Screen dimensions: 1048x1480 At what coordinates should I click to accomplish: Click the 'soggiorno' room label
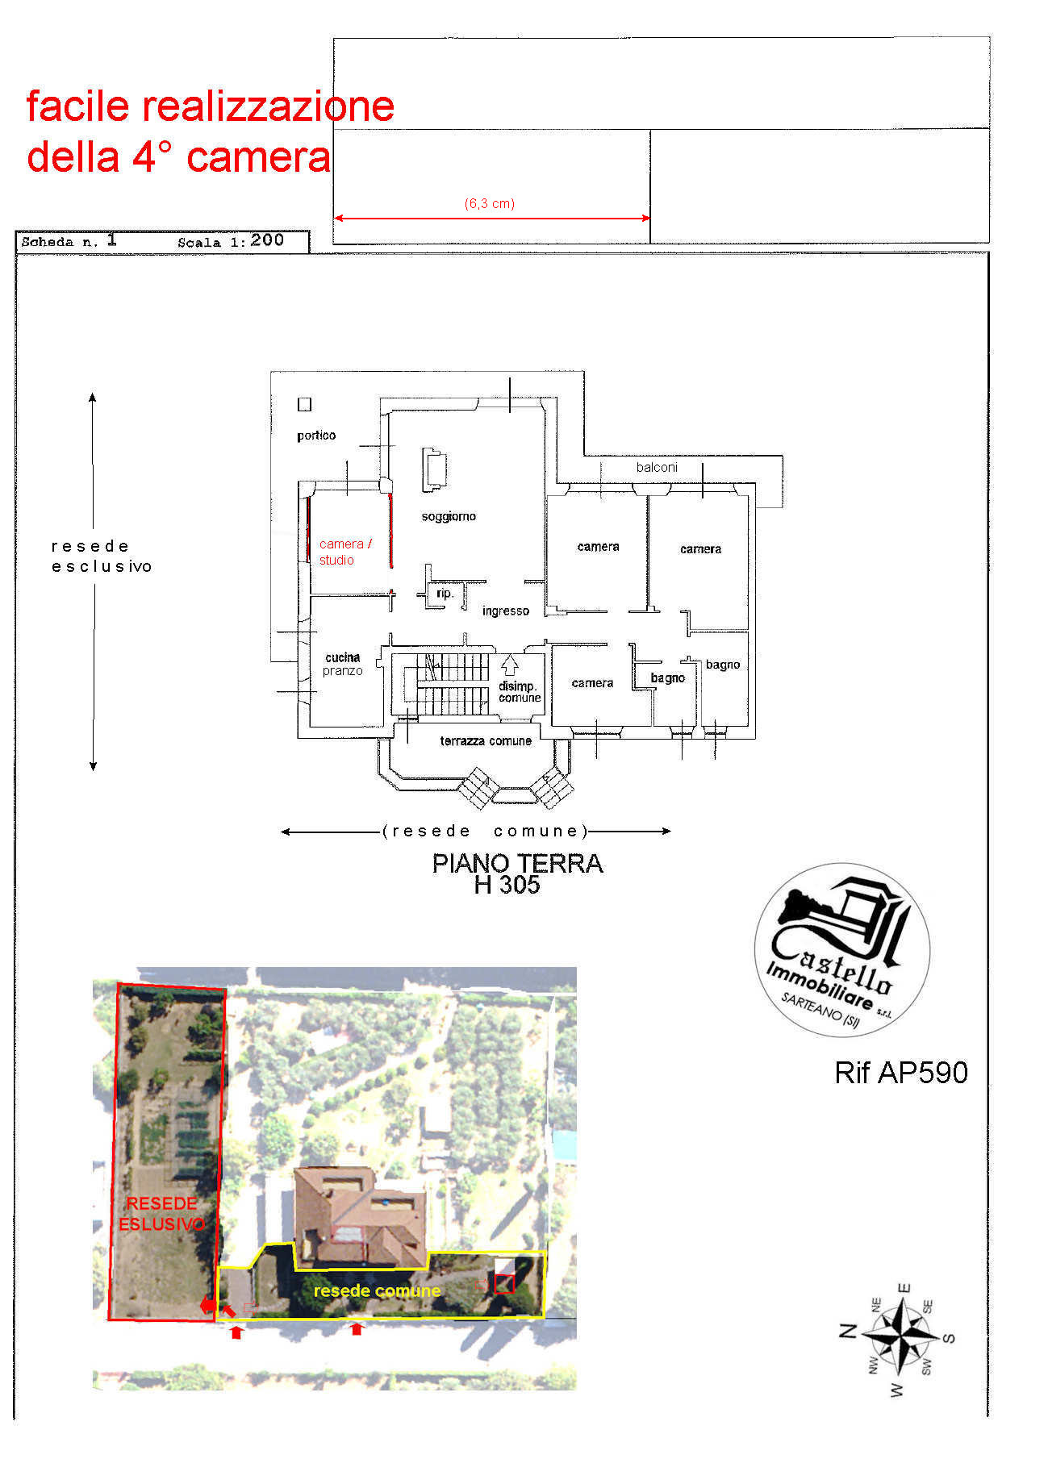[x=449, y=517]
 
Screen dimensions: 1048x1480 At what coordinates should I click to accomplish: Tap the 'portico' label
[x=316, y=436]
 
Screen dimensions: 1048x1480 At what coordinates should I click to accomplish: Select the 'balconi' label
[x=657, y=468]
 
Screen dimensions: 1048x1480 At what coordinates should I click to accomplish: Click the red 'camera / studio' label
[x=345, y=552]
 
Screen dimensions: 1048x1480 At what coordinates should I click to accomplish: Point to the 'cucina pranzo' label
[x=343, y=664]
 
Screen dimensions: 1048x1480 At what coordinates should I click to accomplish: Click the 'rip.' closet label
[x=445, y=594]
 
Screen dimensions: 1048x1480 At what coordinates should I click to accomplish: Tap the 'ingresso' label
[x=506, y=611]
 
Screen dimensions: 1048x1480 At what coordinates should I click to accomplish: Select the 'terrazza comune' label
[x=486, y=741]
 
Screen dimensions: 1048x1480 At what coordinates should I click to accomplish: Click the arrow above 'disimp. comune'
[x=509, y=665]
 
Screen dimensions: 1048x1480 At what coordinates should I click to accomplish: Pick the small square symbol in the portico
[x=304, y=405]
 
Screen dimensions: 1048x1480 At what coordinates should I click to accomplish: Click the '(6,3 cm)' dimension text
[x=490, y=204]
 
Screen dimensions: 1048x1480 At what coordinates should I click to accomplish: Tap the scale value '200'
[x=267, y=240]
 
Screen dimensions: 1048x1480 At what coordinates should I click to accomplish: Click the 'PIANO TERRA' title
[x=517, y=864]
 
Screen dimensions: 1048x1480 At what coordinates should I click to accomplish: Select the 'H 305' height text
[x=507, y=886]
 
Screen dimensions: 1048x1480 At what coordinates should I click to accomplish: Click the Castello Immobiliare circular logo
[x=842, y=949]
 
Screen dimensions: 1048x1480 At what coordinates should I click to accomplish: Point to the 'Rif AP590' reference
[x=901, y=1073]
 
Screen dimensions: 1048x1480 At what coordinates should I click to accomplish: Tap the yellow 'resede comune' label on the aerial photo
[x=377, y=1291]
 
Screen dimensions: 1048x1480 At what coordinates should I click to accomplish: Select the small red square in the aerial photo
[x=504, y=1284]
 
